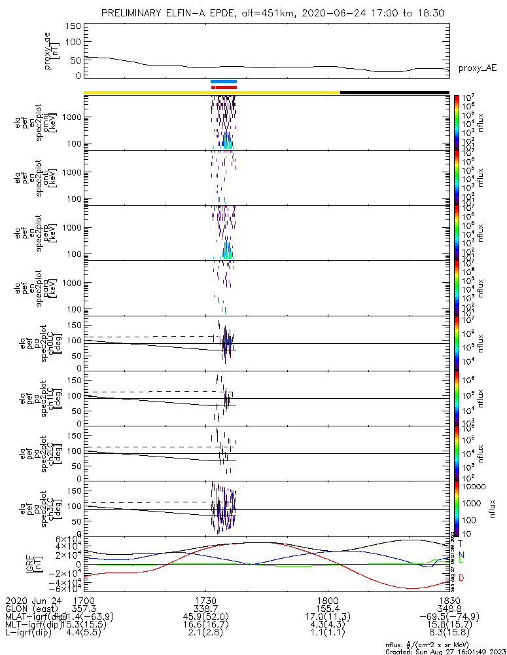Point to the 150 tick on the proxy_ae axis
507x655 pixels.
click(73, 26)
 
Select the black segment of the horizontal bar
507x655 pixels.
click(394, 92)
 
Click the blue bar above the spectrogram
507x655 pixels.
click(223, 81)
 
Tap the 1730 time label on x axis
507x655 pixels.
click(205, 600)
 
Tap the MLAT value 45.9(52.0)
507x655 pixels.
click(205, 617)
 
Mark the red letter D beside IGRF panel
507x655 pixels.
click(461, 578)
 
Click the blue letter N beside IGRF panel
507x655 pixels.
click(461, 554)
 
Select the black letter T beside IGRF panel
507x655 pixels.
click(461, 543)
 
